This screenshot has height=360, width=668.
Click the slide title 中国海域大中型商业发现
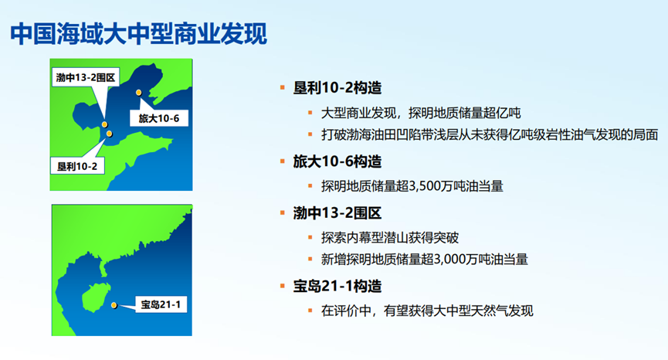coord(138,34)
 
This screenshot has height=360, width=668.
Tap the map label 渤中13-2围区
coord(86,77)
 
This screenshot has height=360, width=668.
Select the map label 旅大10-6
coord(159,118)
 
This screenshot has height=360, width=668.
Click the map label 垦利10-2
coord(77,166)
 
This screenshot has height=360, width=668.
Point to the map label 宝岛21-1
coord(161,304)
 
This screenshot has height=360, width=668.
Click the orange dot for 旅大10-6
coord(139,93)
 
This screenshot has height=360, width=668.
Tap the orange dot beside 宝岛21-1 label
coord(114,305)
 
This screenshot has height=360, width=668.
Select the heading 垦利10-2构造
coord(337,88)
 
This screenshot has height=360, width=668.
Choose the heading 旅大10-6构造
coord(337,161)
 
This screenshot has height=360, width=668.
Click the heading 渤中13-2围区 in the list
coord(337,213)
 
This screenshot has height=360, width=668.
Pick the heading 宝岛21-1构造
coord(337,287)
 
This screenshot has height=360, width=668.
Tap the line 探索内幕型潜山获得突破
coord(390,237)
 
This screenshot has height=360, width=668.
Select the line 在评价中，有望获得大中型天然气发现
coord(427,311)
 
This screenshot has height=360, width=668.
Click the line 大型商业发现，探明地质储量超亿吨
coord(421,113)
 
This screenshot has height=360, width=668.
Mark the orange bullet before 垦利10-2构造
coord(282,88)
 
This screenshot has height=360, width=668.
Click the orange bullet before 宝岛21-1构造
coord(282,286)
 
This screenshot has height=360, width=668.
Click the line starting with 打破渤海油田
coord(490,134)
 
